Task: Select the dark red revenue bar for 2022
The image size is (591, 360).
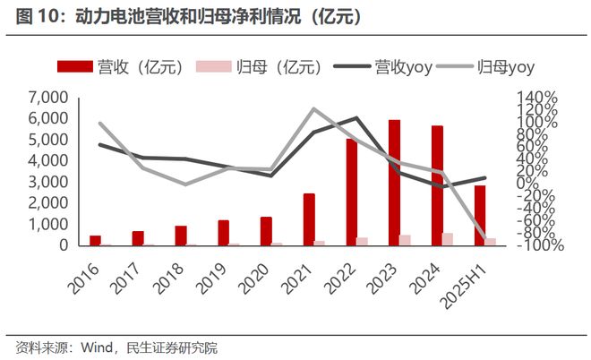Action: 352,192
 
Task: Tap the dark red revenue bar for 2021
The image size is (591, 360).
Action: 309,219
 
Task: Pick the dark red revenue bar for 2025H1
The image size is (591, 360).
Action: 480,215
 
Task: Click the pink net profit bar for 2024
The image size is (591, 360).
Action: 448,239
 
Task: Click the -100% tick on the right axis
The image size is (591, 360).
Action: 539,244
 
